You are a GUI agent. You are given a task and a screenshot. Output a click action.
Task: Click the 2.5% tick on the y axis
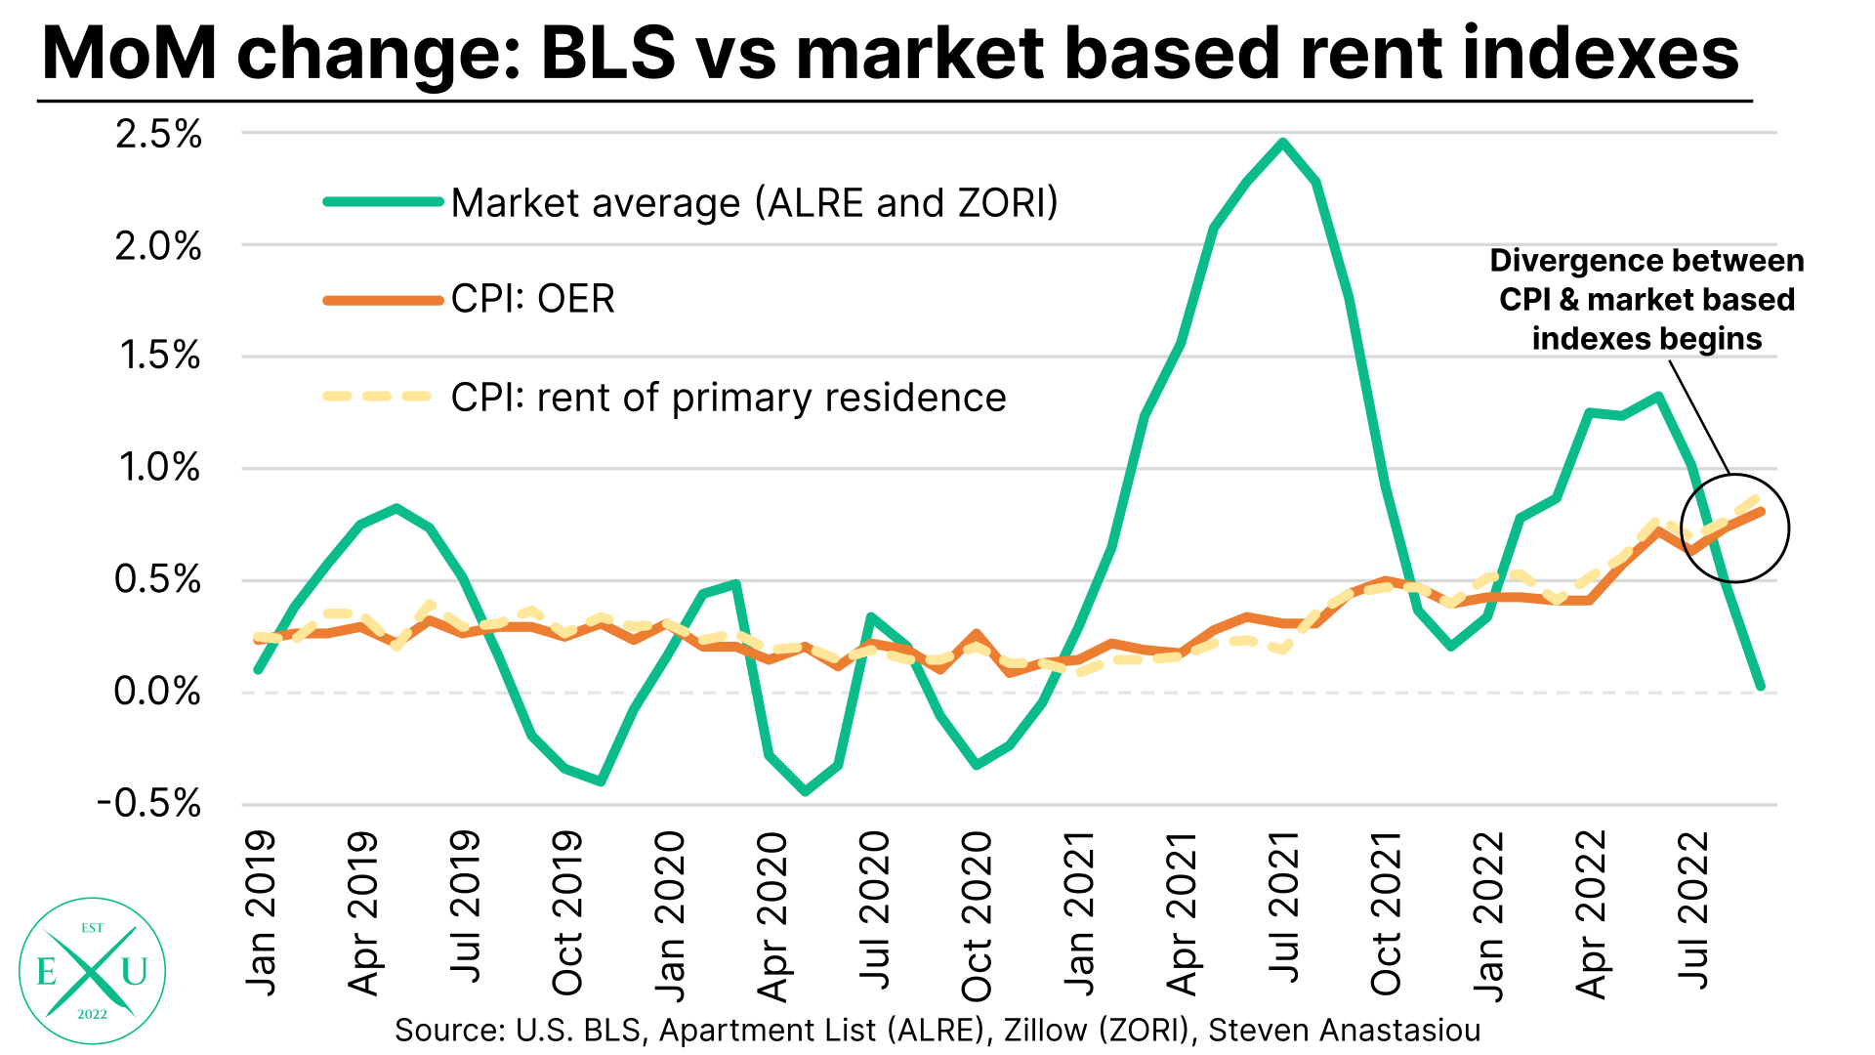(x=158, y=134)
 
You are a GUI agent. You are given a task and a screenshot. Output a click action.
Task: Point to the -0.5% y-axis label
(x=148, y=804)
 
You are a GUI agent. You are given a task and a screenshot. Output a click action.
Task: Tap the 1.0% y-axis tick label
(x=158, y=468)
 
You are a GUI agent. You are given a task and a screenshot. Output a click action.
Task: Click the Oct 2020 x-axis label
(x=977, y=915)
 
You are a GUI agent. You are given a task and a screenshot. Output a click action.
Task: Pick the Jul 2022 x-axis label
(x=1693, y=909)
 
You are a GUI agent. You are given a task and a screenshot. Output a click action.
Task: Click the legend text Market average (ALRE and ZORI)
(x=754, y=203)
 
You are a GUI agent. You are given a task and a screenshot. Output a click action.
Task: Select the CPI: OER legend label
(x=532, y=299)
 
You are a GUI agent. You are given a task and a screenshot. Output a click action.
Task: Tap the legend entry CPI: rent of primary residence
(x=728, y=398)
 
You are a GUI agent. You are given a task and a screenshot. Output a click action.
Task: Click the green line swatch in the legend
(x=383, y=202)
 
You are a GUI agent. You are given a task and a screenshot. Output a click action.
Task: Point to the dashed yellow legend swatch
(x=377, y=397)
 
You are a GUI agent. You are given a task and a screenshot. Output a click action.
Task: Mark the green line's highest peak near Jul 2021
(x=1283, y=143)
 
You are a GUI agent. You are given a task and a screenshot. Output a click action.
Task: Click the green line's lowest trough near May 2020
(x=805, y=791)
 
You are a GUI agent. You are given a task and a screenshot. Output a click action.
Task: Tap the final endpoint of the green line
(x=1760, y=686)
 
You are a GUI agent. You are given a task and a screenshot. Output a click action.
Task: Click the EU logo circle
(x=92, y=970)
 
